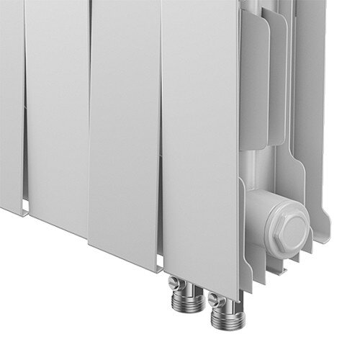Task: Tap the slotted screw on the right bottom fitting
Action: coord(215,294)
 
